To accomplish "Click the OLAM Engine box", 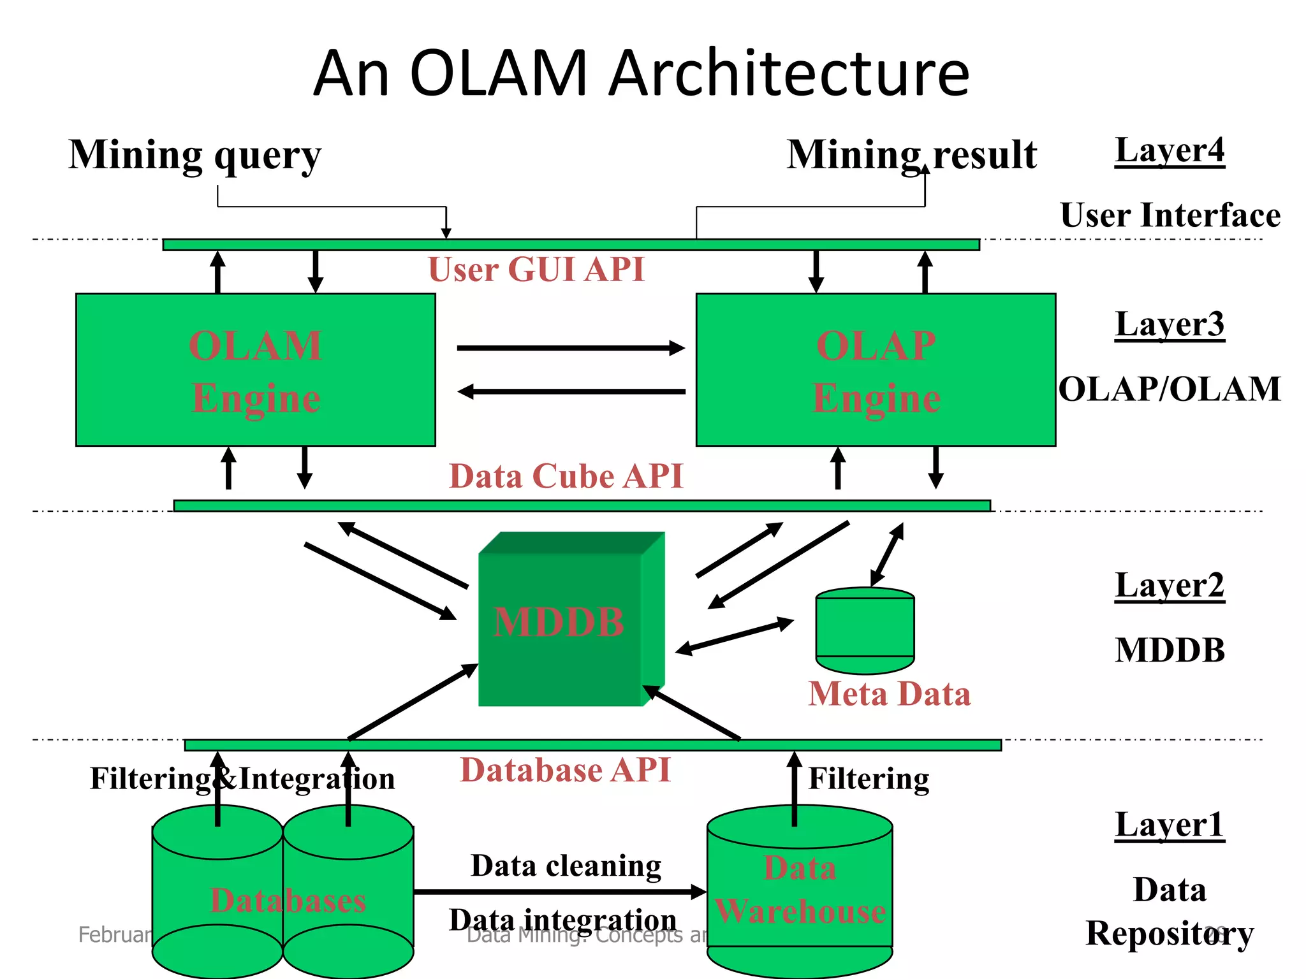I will coord(255,370).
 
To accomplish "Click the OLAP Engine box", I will coord(876,370).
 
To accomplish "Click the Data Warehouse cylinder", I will coord(800,892).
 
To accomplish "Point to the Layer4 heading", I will coord(1170,152).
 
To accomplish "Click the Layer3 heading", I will coord(1170,325).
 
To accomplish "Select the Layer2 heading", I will coord(1170,586).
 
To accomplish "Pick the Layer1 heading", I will coord(1170,825).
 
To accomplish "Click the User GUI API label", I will coord(536,270).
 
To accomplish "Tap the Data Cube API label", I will coord(566,477).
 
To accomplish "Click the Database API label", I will coord(565,770).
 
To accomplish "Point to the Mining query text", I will coord(194,156).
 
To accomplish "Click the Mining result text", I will coord(911,155).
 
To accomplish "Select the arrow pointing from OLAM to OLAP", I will coord(571,348).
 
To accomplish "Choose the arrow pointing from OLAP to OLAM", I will coord(571,391).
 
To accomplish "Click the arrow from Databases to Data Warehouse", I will coord(560,892).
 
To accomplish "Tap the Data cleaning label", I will coord(566,866).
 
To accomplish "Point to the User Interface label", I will coord(1170,215).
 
